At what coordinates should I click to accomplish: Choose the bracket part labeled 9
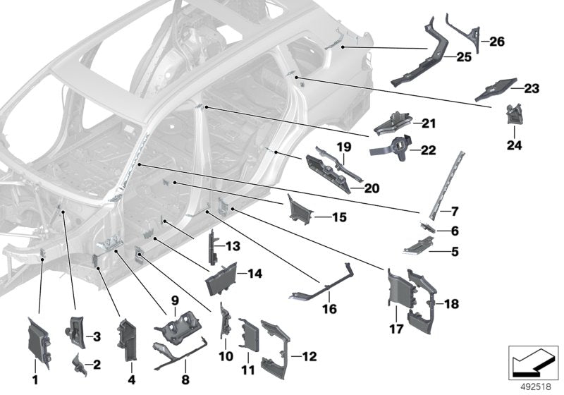tap(180, 330)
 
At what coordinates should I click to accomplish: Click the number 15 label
tap(339, 218)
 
